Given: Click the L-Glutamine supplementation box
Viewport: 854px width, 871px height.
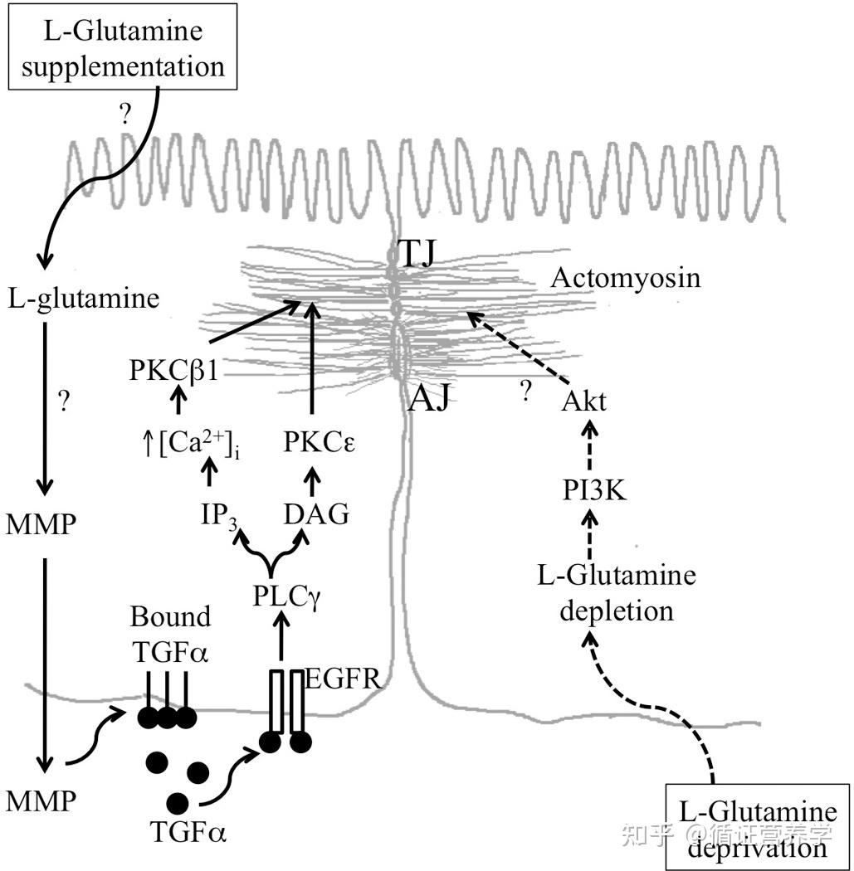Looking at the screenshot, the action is pyautogui.click(x=123, y=46).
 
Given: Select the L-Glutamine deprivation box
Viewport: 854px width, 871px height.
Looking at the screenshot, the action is pyautogui.click(x=759, y=827).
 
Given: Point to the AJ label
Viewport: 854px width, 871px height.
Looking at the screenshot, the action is pyautogui.click(x=428, y=398).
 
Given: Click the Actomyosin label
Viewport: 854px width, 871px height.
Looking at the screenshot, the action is pyautogui.click(x=626, y=278).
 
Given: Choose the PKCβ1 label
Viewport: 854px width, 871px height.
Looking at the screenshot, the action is pyautogui.click(x=174, y=371).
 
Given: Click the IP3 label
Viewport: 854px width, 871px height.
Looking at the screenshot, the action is pyautogui.click(x=219, y=516).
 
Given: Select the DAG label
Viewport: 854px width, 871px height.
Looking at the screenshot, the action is pyautogui.click(x=316, y=514).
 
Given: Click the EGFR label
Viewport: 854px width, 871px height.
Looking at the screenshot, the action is pyautogui.click(x=343, y=679).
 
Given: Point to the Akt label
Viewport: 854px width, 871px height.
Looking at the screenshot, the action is pyautogui.click(x=584, y=401).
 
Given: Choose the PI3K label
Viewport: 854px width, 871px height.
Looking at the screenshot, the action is pyautogui.click(x=594, y=490).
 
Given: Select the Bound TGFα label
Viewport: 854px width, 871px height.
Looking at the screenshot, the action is pyautogui.click(x=171, y=635).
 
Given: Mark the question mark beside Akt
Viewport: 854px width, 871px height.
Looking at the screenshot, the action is pyautogui.click(x=525, y=392).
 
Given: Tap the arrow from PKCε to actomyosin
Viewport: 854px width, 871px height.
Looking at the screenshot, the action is pyautogui.click(x=312, y=358).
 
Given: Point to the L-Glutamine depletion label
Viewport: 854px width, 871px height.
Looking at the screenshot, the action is pyautogui.click(x=617, y=593).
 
